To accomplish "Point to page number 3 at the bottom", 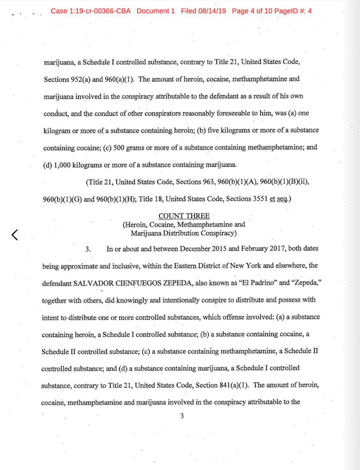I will point(182,416).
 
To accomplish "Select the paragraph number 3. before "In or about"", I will point(88,249).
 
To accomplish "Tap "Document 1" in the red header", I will point(156,11).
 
